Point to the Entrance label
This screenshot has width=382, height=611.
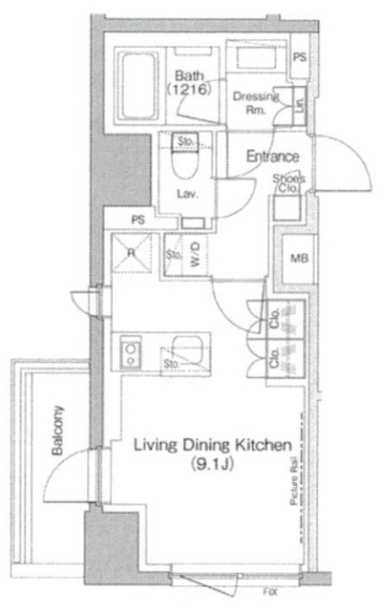pos(273,157)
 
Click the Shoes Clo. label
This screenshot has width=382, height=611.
pos(287,182)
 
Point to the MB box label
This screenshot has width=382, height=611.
pos(298,257)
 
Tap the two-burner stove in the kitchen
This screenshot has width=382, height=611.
pos(130,354)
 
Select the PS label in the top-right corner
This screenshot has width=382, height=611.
pos(300,58)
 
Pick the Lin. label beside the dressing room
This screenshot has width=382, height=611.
pos(299,103)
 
